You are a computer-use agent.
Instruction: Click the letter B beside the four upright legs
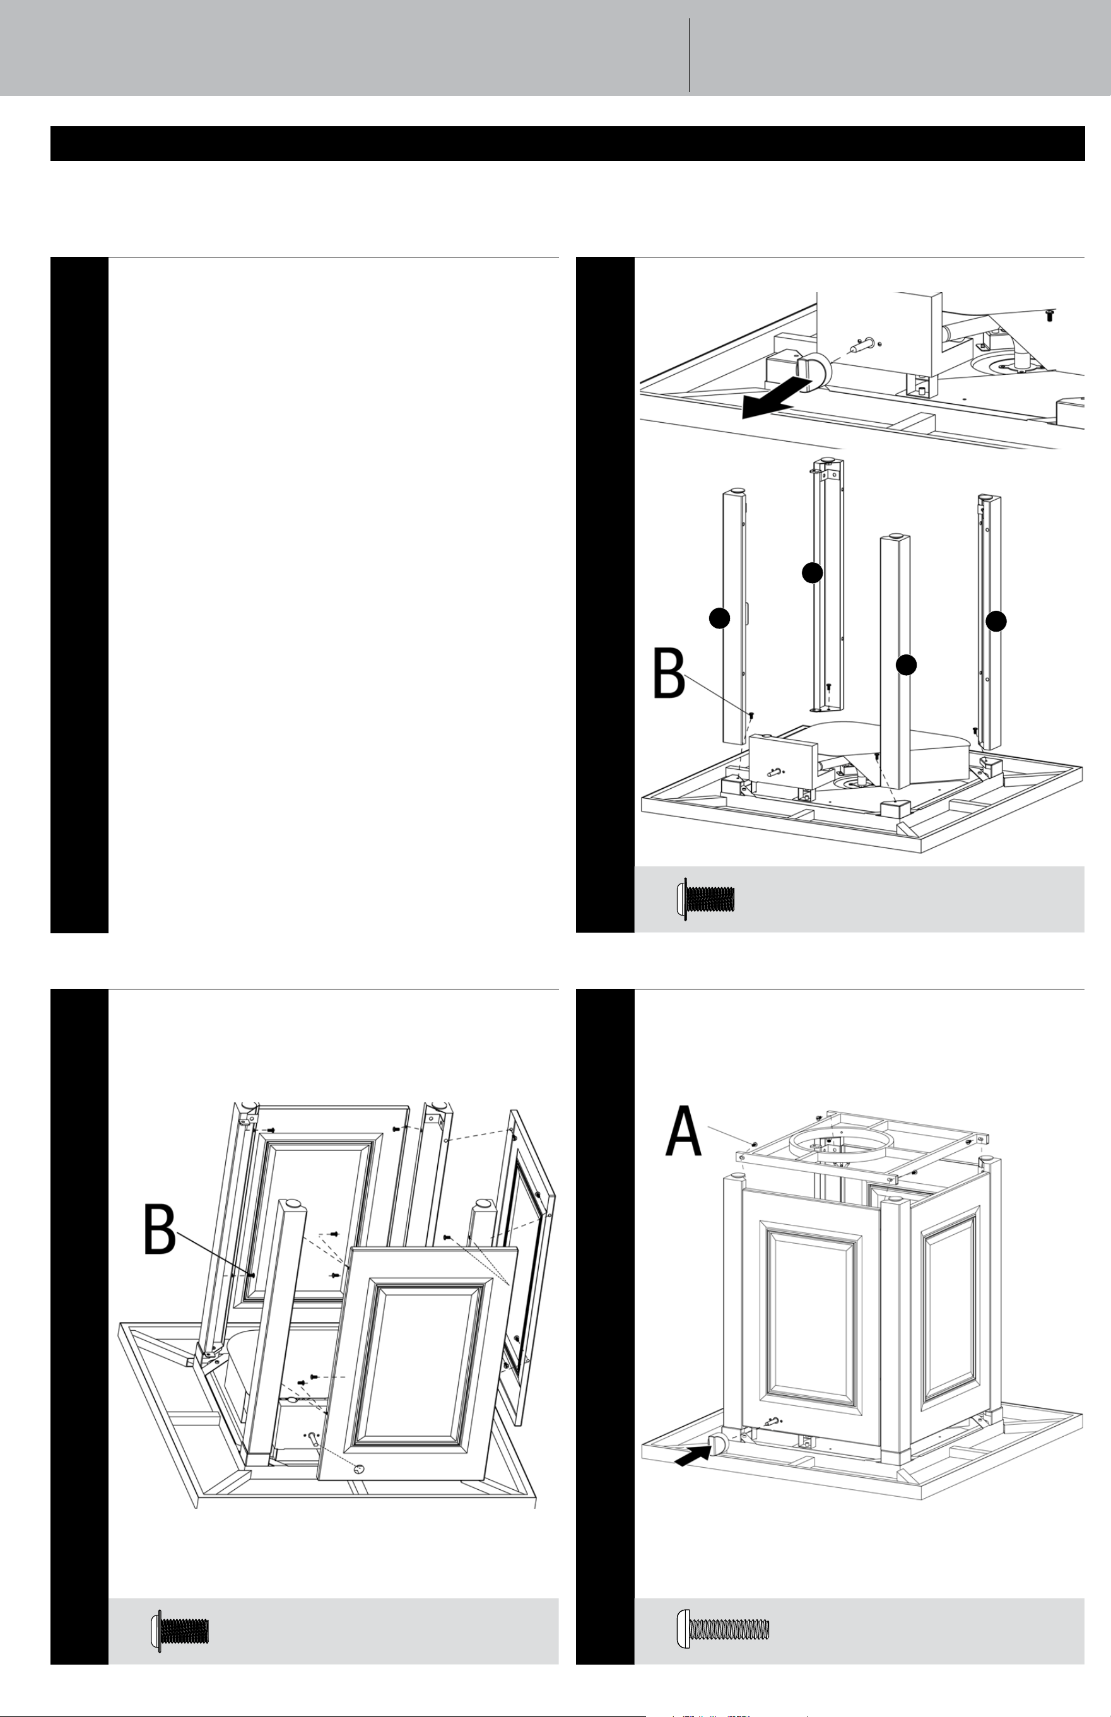(669, 673)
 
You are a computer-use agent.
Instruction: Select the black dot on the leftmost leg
(719, 618)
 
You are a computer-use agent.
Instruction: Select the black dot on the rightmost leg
(996, 621)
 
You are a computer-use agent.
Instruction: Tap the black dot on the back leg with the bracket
(813, 573)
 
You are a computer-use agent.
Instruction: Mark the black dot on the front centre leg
(906, 665)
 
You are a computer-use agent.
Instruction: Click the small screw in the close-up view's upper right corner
(1050, 316)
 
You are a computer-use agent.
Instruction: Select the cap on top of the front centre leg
(895, 536)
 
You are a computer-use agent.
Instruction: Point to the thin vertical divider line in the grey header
(690, 55)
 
